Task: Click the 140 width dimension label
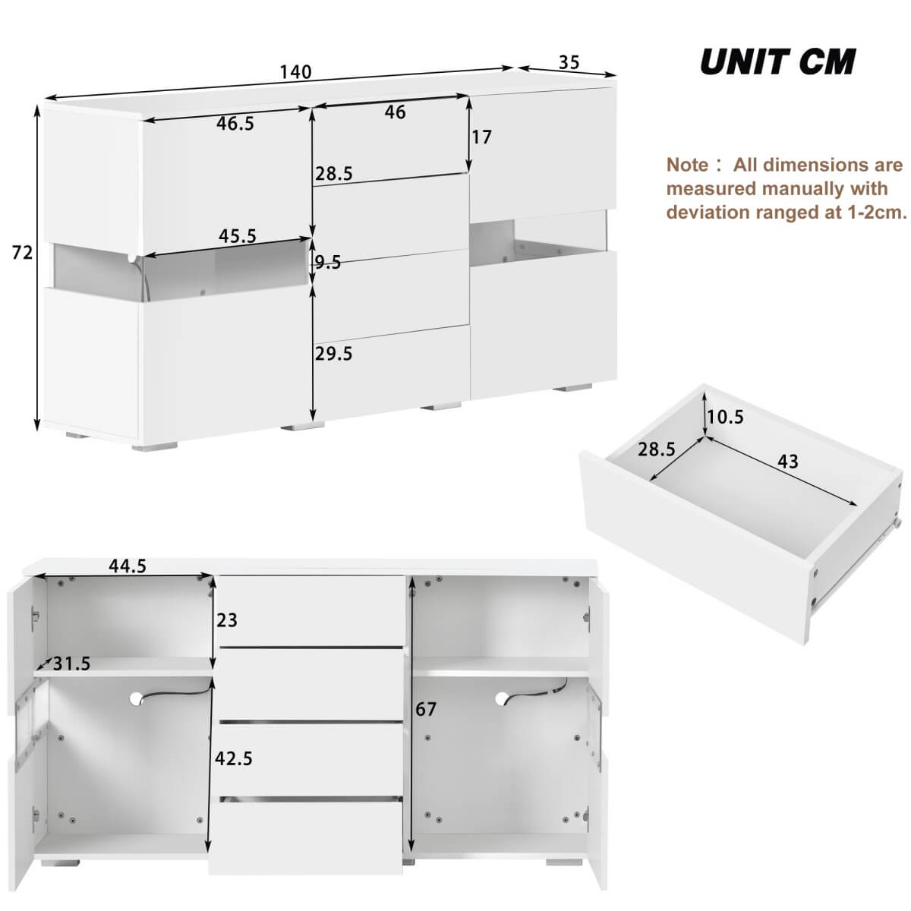(x=295, y=72)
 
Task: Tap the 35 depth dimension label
(x=569, y=62)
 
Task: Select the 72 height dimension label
(x=22, y=252)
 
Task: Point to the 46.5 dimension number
(x=235, y=124)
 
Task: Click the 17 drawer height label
(x=481, y=137)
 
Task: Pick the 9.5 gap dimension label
(x=328, y=263)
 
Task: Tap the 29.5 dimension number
(x=334, y=354)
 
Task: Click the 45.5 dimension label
(x=237, y=236)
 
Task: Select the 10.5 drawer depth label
(x=725, y=417)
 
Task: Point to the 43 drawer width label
(x=788, y=461)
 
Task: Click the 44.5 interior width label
(x=127, y=566)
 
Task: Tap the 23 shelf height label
(x=227, y=620)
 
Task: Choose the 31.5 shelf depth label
(x=71, y=664)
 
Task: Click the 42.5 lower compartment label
(x=233, y=758)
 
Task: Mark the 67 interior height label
(x=426, y=709)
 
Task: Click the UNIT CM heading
(x=777, y=61)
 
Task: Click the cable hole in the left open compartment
(x=137, y=698)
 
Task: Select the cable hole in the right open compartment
(x=503, y=698)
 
